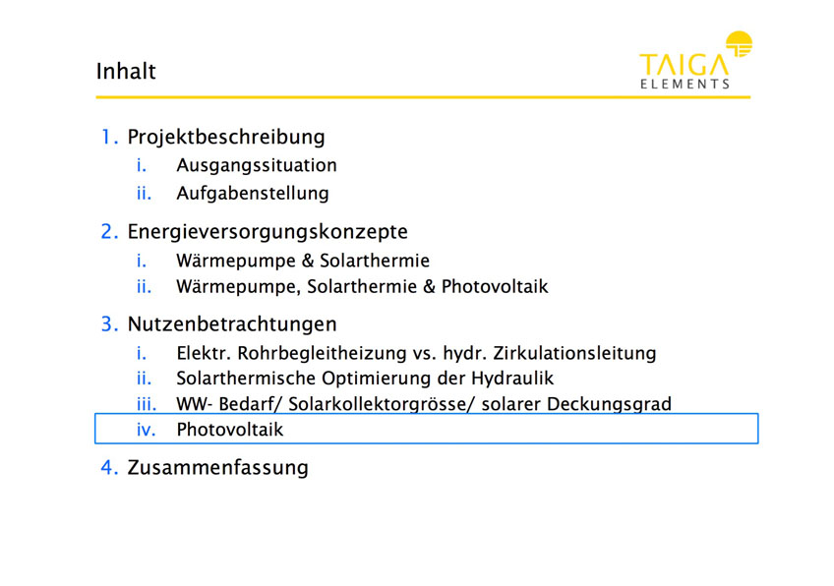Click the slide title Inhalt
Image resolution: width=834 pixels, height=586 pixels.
coord(126,71)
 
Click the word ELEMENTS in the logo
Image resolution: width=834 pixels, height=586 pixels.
coord(685,84)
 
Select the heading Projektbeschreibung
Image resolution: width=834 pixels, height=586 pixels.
coord(226,138)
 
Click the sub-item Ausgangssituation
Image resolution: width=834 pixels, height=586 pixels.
coord(257,165)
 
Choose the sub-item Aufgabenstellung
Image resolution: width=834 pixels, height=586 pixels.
coord(253,194)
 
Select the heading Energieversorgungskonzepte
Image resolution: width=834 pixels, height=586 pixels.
coord(268,232)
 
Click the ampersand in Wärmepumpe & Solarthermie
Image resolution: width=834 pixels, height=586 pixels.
coord(308,261)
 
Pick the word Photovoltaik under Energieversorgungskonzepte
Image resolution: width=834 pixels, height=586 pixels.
coord(495,287)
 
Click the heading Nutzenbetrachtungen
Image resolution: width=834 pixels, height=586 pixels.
coord(232,324)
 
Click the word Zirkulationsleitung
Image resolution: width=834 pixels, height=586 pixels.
coord(574,353)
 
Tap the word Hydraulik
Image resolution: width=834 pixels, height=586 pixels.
coord(512,379)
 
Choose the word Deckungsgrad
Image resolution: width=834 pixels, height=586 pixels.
coord(609,404)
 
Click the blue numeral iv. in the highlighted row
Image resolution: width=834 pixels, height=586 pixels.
coord(147,430)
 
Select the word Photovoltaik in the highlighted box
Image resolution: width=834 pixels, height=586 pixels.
coord(230,430)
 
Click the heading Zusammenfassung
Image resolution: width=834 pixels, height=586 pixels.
coord(217,468)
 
